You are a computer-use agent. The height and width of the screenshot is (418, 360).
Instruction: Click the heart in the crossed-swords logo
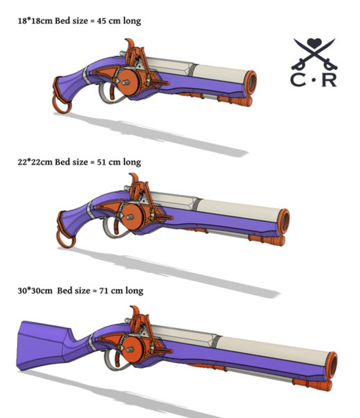(x=314, y=44)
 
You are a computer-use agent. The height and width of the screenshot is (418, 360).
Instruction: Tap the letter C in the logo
(x=298, y=79)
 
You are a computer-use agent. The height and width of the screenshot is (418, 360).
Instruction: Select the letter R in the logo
(x=330, y=79)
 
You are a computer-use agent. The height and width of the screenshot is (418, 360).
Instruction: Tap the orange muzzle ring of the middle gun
(x=284, y=221)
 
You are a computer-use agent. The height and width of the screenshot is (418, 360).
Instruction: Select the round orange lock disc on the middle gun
(x=132, y=217)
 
